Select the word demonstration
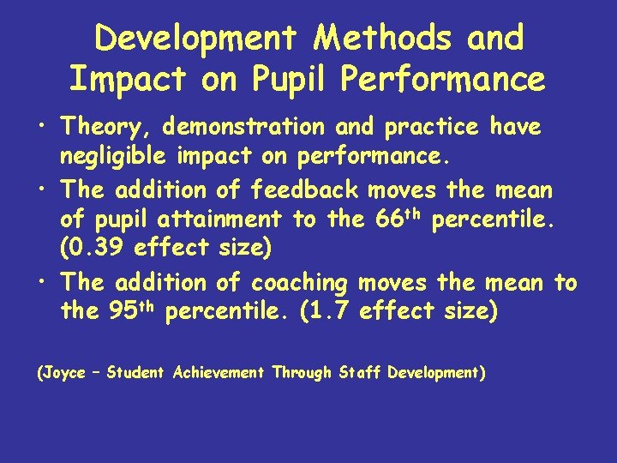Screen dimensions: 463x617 pyautogui.click(x=244, y=128)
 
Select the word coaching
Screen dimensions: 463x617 pyautogui.click(x=299, y=282)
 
